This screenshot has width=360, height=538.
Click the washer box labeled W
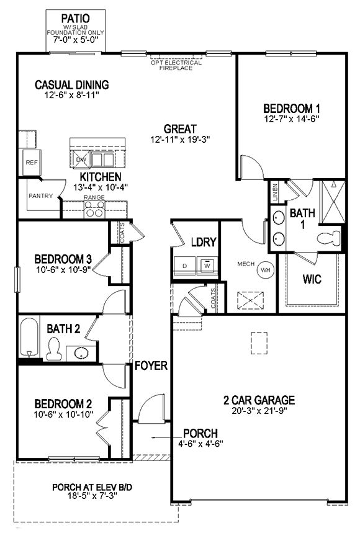207,265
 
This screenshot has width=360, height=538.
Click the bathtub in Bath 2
29,338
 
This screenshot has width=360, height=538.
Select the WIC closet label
312,279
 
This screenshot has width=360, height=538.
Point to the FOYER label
151,366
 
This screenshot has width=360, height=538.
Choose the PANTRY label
40,196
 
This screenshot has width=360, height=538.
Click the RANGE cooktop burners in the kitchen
94,211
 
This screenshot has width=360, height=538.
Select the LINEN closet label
274,193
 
